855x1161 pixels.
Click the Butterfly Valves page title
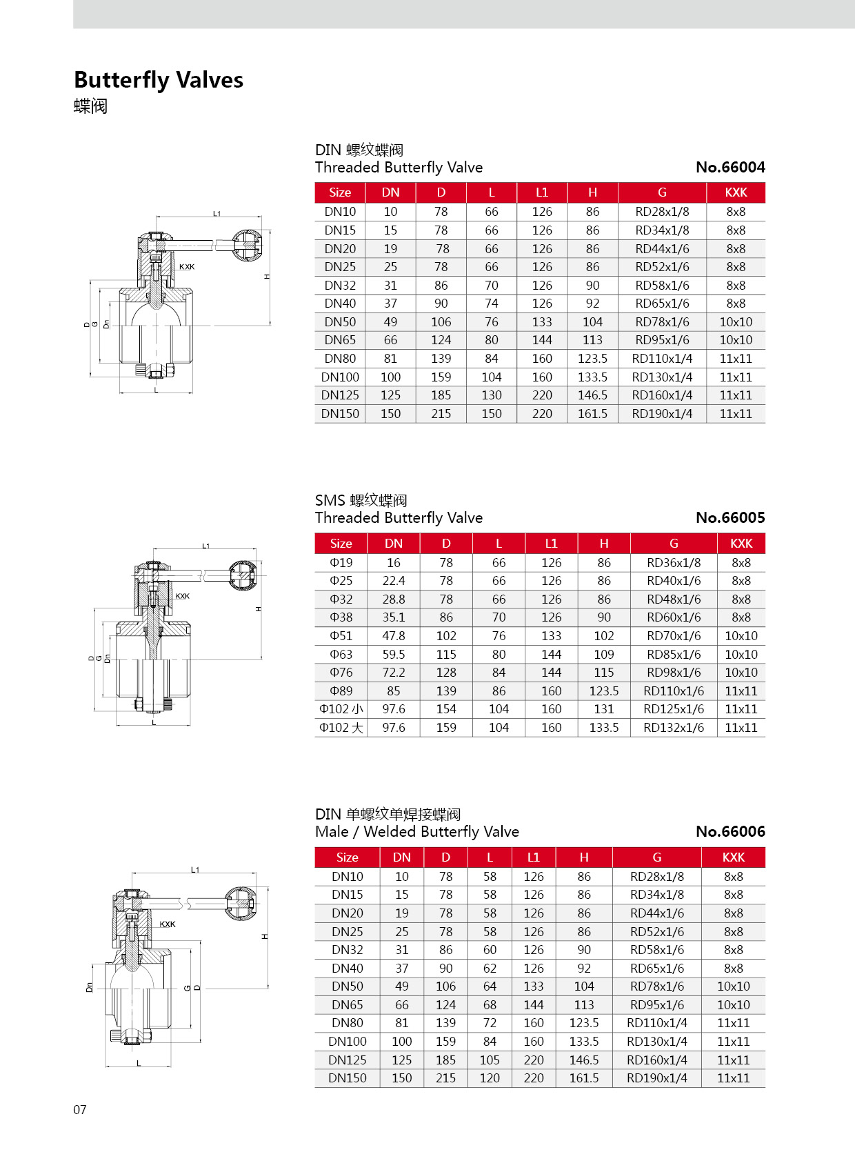click(159, 80)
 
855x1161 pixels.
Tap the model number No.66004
click(730, 167)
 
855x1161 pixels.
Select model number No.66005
click(730, 517)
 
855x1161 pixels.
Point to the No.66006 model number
click(730, 831)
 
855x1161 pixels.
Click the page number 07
click(80, 1109)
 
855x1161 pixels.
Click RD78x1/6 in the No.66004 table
click(662, 322)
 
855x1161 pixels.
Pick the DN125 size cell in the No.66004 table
click(340, 395)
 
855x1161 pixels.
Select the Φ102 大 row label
click(341, 728)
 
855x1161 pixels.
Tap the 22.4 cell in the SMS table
click(394, 581)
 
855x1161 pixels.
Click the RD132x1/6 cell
click(674, 728)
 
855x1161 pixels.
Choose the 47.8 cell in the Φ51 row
click(394, 636)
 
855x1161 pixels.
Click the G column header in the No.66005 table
click(674, 544)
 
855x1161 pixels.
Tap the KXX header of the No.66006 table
click(733, 857)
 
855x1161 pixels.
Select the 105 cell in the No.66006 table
click(490, 1060)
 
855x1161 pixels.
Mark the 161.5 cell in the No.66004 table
click(592, 414)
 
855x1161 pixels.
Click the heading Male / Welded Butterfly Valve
click(416, 831)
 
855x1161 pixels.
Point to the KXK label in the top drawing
click(187, 267)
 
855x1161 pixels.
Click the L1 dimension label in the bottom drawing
click(195, 870)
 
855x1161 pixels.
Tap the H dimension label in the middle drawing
click(259, 609)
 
